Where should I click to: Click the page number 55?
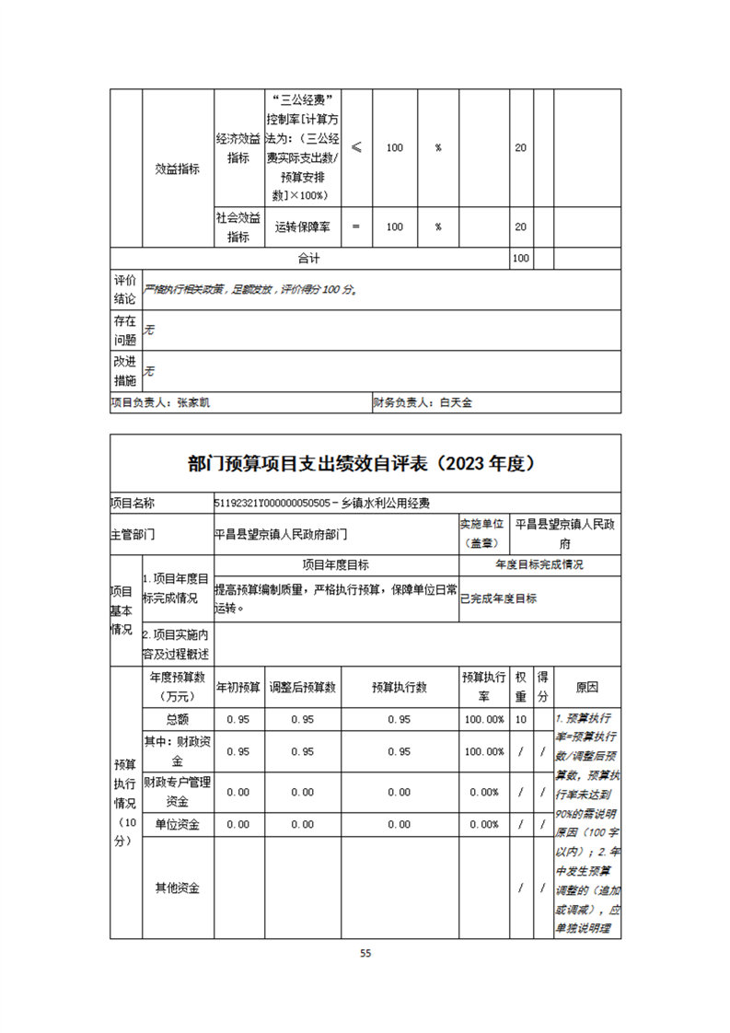(365, 953)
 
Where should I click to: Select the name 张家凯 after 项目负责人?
(194, 402)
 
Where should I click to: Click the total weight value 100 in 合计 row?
(520, 259)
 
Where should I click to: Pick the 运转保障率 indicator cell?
(303, 226)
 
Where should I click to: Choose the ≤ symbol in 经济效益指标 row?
(356, 147)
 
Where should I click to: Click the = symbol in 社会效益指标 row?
(356, 226)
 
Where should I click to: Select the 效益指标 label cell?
(177, 168)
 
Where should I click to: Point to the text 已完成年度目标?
(498, 598)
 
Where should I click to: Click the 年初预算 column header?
(238, 688)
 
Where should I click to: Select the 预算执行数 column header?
(399, 688)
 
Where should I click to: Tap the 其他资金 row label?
(178, 888)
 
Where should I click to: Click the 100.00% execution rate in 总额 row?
(484, 719)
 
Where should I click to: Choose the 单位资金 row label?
(178, 825)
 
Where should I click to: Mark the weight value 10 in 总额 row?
(521, 719)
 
